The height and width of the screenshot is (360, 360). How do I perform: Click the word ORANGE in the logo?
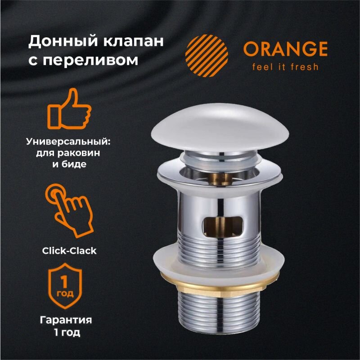[x=285, y=49]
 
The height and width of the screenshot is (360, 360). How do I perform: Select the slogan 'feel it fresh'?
[x=285, y=67]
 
